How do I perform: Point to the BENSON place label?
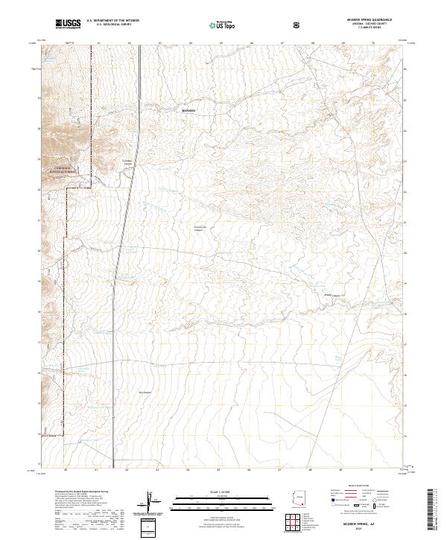tap(188, 110)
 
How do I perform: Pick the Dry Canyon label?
tap(145, 393)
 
